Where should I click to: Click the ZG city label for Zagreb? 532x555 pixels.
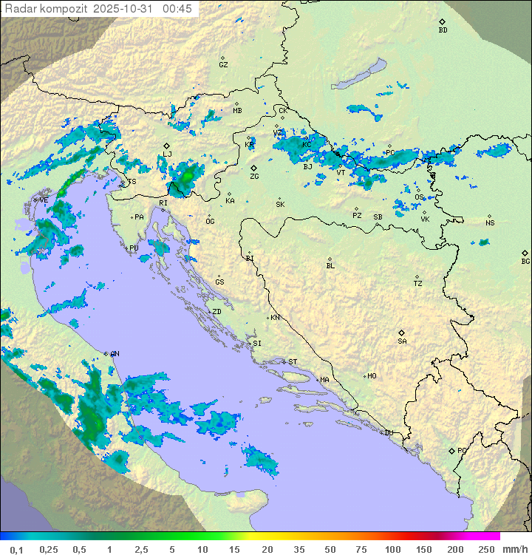coord(254,177)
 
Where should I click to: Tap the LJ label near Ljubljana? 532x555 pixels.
coord(167,154)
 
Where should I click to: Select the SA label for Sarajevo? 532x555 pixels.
coord(402,341)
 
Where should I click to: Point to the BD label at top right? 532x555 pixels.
coord(443,30)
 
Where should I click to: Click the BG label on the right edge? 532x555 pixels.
coord(525,261)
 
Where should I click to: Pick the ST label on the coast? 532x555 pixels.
coord(293,362)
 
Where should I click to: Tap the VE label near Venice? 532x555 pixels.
coord(44,200)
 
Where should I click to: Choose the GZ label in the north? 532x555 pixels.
coord(223,65)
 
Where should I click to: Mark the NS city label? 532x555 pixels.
coord(490,223)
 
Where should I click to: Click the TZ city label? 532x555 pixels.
coord(418,284)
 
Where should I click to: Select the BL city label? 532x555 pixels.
coord(330,266)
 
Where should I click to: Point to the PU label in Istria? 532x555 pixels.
coord(134,248)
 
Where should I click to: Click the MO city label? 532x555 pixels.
coord(372,376)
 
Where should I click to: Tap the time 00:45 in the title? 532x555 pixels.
coord(177,9)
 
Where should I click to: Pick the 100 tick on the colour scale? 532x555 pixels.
coord(392,549)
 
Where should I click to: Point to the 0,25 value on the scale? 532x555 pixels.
coord(49,549)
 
